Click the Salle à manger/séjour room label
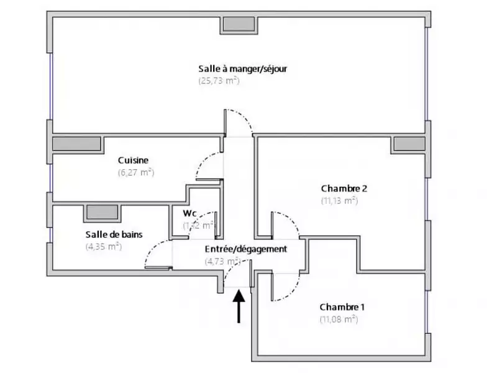(x=242, y=68)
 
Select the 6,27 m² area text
(x=135, y=173)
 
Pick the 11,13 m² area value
(x=339, y=201)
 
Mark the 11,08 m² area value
(x=339, y=320)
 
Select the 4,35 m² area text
(x=103, y=246)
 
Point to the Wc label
(x=189, y=214)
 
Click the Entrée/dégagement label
(x=246, y=249)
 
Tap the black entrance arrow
(x=239, y=307)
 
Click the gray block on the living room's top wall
(x=239, y=24)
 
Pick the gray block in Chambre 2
(x=408, y=144)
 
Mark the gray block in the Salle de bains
(x=102, y=213)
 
